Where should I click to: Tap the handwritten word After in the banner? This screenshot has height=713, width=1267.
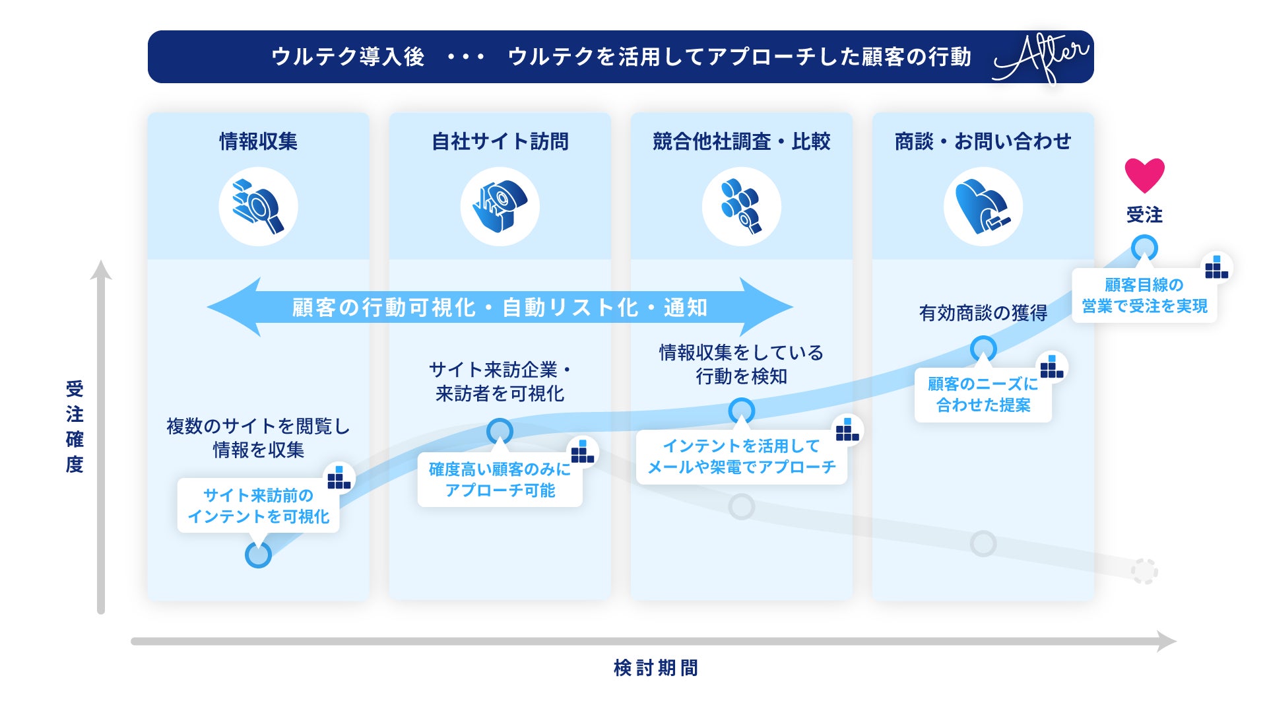(x=1041, y=57)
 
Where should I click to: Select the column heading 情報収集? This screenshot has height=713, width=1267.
(x=258, y=141)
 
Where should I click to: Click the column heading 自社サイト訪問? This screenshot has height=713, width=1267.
(x=500, y=141)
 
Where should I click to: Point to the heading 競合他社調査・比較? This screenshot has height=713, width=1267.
(x=741, y=141)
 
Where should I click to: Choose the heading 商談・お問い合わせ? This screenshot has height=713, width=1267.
(x=983, y=141)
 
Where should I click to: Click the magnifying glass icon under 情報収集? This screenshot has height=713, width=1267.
(x=258, y=207)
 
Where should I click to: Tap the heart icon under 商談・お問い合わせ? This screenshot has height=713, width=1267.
(x=983, y=207)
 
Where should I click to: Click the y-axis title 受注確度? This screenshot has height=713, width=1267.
(x=75, y=426)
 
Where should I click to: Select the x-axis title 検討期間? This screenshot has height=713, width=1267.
(x=655, y=668)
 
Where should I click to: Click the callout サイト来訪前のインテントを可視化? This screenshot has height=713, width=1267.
(x=258, y=506)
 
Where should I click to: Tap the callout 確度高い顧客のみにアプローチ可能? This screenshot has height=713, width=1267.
(x=500, y=480)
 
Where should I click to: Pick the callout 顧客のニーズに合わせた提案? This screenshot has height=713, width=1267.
(x=983, y=395)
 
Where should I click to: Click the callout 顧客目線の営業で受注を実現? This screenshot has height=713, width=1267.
(x=1144, y=296)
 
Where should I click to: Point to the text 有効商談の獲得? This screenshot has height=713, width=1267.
(x=983, y=313)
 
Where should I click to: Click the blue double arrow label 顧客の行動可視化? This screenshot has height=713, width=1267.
(x=500, y=308)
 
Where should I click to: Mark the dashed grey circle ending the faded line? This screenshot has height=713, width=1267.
(x=1144, y=571)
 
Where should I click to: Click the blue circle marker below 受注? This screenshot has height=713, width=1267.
(x=1144, y=248)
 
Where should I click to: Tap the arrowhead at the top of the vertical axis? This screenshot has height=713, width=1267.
(x=101, y=269)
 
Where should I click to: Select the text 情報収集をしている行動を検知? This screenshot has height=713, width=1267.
(x=741, y=364)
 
